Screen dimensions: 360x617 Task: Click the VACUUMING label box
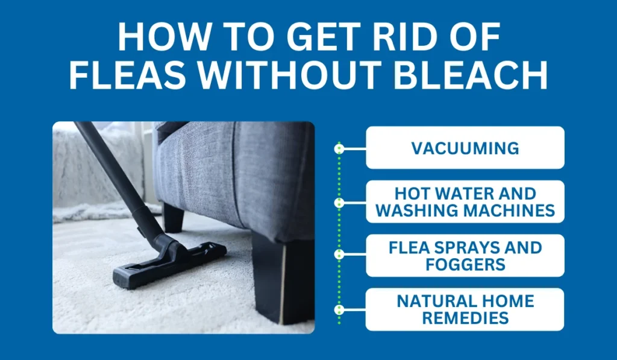pos(465,148)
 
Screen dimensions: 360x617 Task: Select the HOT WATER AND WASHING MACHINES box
pos(465,202)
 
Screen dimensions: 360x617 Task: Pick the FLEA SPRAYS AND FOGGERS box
pos(465,256)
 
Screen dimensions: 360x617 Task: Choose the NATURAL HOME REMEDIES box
pos(465,309)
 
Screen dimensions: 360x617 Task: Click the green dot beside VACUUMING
pos(339,148)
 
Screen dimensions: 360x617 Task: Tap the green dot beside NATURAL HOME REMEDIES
pos(339,310)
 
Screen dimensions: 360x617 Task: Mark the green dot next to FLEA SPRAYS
pos(339,256)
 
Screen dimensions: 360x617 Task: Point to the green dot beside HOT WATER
pos(339,202)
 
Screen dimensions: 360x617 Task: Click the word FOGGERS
pos(465,264)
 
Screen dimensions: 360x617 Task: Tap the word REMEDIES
pos(465,318)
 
